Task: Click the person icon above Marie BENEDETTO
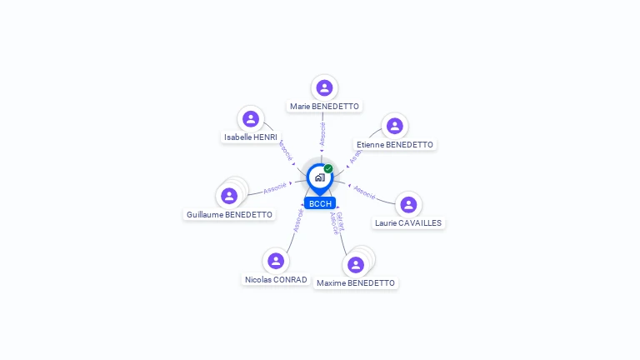pos(324,87)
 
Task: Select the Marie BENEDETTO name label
pos(324,107)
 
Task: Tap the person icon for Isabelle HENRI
pos(251,118)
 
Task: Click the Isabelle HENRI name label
pos(250,137)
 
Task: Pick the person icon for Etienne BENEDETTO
pos(395,126)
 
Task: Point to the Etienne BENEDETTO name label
pos(395,144)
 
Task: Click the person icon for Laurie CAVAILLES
pos(408,204)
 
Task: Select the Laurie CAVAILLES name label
pos(408,222)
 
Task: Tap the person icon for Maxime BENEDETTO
pos(356,265)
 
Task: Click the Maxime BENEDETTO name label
pos(356,283)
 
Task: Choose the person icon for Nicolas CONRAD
pos(276,261)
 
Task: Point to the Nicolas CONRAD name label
pos(276,279)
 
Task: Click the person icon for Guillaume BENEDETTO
pos(229,196)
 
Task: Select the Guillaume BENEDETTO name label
pos(229,214)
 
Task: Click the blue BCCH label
pos(319,203)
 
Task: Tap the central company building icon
pos(319,177)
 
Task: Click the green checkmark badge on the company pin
pos(328,168)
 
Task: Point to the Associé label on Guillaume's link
pos(275,188)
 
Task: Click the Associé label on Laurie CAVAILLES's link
pos(364,190)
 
